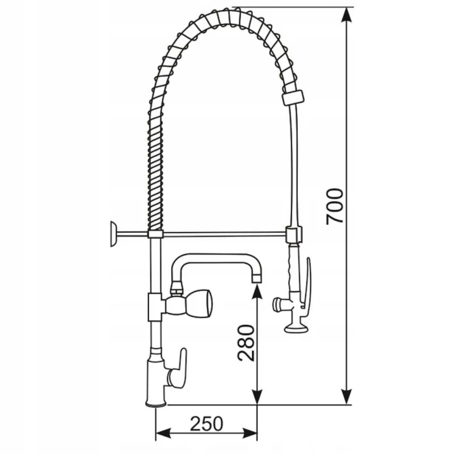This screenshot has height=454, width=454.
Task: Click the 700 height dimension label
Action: (x=335, y=206)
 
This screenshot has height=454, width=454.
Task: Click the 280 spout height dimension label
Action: (x=246, y=343)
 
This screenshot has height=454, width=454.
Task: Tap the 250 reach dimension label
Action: (x=206, y=424)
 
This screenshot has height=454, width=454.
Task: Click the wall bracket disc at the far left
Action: (x=113, y=234)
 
